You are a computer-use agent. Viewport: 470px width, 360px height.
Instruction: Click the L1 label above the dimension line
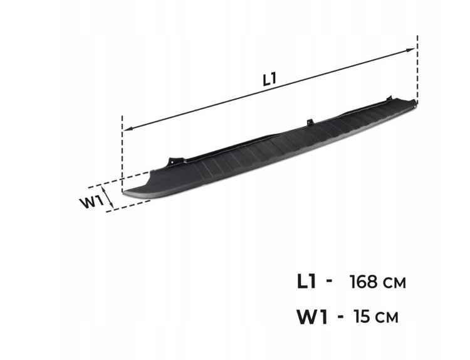pos(269,79)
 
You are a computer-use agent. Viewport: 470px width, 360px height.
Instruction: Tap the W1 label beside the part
pos(92,202)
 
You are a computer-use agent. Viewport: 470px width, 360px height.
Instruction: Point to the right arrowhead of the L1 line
pos(410,50)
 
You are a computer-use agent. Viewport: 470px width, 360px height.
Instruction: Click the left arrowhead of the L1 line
pos(128,129)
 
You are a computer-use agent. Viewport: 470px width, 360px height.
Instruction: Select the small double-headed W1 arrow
pos(108,197)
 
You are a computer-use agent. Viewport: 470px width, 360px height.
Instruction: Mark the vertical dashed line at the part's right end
pos(417,70)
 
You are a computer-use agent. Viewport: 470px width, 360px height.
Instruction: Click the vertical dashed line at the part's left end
pos(122,154)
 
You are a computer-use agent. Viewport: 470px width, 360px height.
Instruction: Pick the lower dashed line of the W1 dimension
pos(128,206)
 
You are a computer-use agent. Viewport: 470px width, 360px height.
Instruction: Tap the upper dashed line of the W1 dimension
pos(119,180)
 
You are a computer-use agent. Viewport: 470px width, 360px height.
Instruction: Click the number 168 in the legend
pos(363,282)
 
